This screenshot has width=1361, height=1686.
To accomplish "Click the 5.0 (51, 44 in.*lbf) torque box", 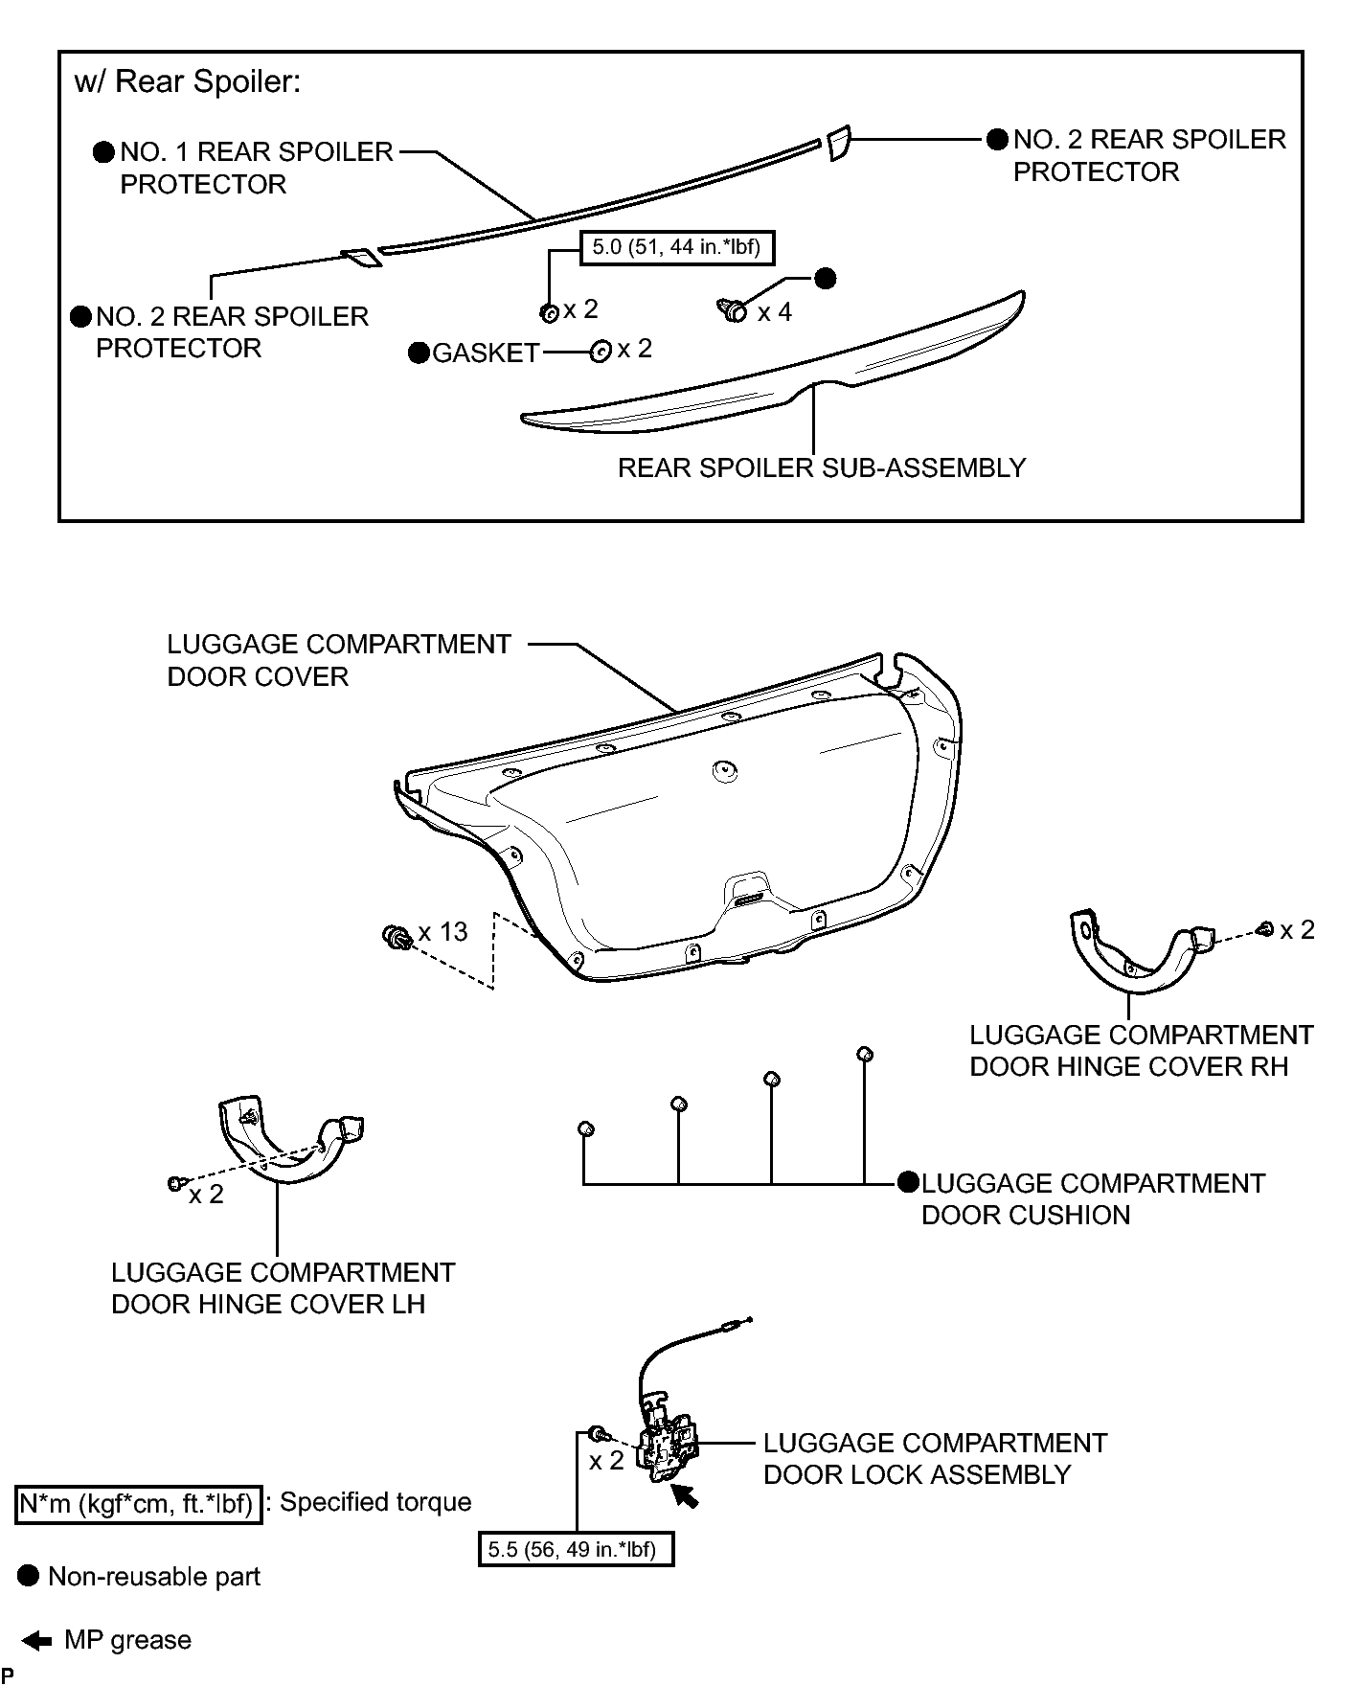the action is coord(676,247).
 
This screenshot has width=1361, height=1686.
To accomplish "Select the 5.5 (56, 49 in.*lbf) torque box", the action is coord(576,1549).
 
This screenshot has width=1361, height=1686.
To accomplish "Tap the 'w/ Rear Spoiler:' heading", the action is coord(188,82).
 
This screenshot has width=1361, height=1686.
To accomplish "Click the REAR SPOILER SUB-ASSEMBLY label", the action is coord(822,467).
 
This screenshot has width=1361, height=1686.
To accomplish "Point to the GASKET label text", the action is coord(487,353).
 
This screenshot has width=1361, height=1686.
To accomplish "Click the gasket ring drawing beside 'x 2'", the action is coord(601,352).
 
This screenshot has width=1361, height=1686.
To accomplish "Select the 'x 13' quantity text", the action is coord(442,931).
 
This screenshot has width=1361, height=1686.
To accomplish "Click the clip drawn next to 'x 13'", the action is coord(397,936).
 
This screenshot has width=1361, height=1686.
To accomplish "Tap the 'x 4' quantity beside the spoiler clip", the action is coord(775,312).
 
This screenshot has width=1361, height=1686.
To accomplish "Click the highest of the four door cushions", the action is coord(864,1055).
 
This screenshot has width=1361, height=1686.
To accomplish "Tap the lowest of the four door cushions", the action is coord(586,1129).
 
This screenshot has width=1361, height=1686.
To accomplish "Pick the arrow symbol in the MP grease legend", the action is coord(36,1641).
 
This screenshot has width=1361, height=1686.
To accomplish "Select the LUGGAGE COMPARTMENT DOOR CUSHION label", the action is coord(1093,1199).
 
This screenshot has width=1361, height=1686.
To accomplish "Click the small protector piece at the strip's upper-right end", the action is coord(838,143).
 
